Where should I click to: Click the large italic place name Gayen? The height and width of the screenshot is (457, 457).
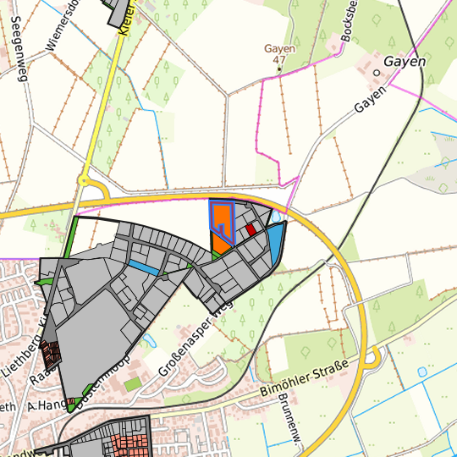pos(405,62)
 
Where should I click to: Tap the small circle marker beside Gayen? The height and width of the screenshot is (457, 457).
pos(377,72)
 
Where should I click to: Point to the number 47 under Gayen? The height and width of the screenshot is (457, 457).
pos(278,60)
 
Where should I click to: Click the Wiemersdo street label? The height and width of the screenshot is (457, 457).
pos(63,25)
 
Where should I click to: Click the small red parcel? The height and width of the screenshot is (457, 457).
pos(251,228)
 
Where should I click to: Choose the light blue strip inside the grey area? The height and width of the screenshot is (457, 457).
pos(143,267)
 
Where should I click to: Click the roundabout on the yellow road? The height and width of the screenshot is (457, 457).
pos(84,179)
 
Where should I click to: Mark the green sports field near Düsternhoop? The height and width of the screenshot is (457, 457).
pos(132,384)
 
